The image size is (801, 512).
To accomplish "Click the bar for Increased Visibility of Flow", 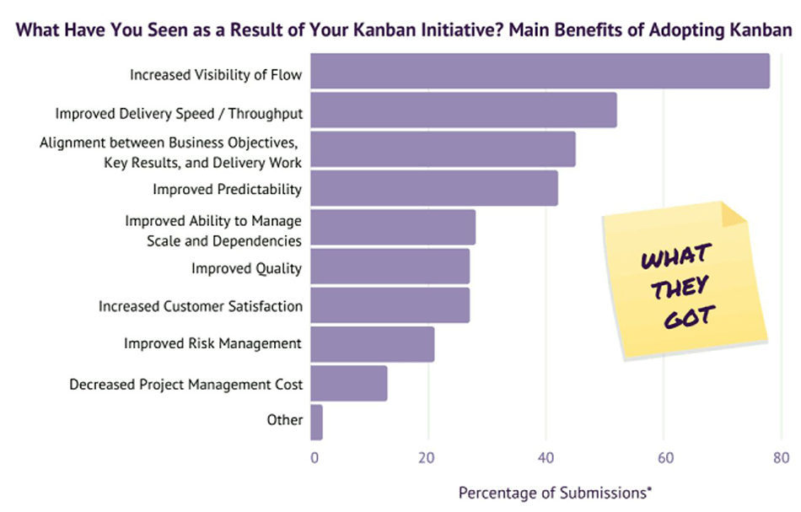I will (540, 71).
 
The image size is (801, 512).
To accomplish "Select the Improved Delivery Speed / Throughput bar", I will (464, 110).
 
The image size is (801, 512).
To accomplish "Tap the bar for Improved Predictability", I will (434, 188).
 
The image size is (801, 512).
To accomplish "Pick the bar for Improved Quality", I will (390, 267).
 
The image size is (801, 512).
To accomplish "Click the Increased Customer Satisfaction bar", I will (390, 305).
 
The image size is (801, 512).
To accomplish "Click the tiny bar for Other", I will (317, 423).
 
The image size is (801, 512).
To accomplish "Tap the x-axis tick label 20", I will (428, 459).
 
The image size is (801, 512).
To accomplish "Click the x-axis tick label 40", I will (546, 459).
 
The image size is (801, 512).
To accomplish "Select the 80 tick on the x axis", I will (780, 459).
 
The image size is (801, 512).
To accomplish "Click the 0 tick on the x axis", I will (314, 459).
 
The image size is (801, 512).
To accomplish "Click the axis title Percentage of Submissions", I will (556, 492).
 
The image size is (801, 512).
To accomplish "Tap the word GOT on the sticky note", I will (690, 318).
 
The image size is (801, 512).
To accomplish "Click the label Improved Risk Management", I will (212, 343).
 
